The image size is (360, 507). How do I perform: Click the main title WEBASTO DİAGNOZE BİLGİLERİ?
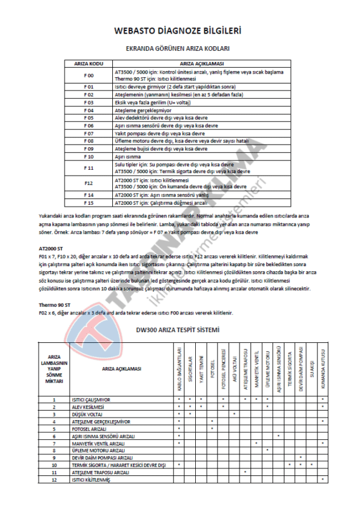pos(177,30)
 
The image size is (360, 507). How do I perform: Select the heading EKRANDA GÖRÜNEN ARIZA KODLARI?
pos(177,48)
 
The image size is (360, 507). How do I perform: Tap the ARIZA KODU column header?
pos(89,64)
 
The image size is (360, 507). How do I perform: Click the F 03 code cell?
pos(89,101)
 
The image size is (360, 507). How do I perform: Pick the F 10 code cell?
pos(89,156)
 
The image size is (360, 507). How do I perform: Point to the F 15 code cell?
pos(89,203)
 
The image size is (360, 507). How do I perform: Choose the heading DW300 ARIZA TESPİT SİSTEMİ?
pos(177,330)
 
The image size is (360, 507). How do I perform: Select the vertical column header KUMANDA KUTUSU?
pos(324,368)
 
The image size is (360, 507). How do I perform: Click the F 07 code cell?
pos(89,132)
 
